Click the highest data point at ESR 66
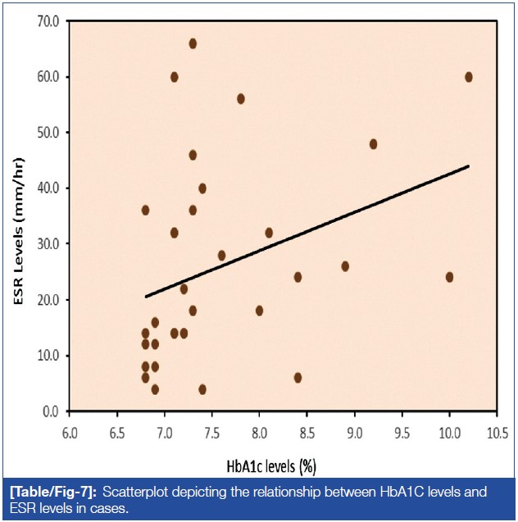pos(193,43)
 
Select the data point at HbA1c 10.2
pos(469,77)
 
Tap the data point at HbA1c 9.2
pos(374,143)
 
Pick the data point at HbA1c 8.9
pos(345,266)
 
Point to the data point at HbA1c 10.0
pos(449,277)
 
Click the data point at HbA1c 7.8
pos(241,99)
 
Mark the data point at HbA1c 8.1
pos(269,233)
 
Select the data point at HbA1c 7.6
pos(221,256)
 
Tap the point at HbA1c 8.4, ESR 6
pos(298,378)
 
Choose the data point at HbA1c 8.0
pos(259,311)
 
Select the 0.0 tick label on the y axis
pos(52,411)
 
